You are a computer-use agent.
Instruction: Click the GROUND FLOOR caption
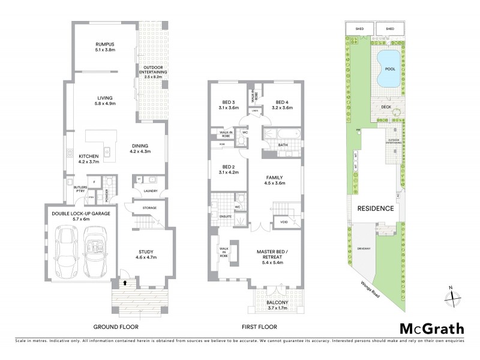116,327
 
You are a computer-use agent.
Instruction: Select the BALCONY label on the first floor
277,305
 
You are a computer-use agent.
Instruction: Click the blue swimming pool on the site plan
385,68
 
